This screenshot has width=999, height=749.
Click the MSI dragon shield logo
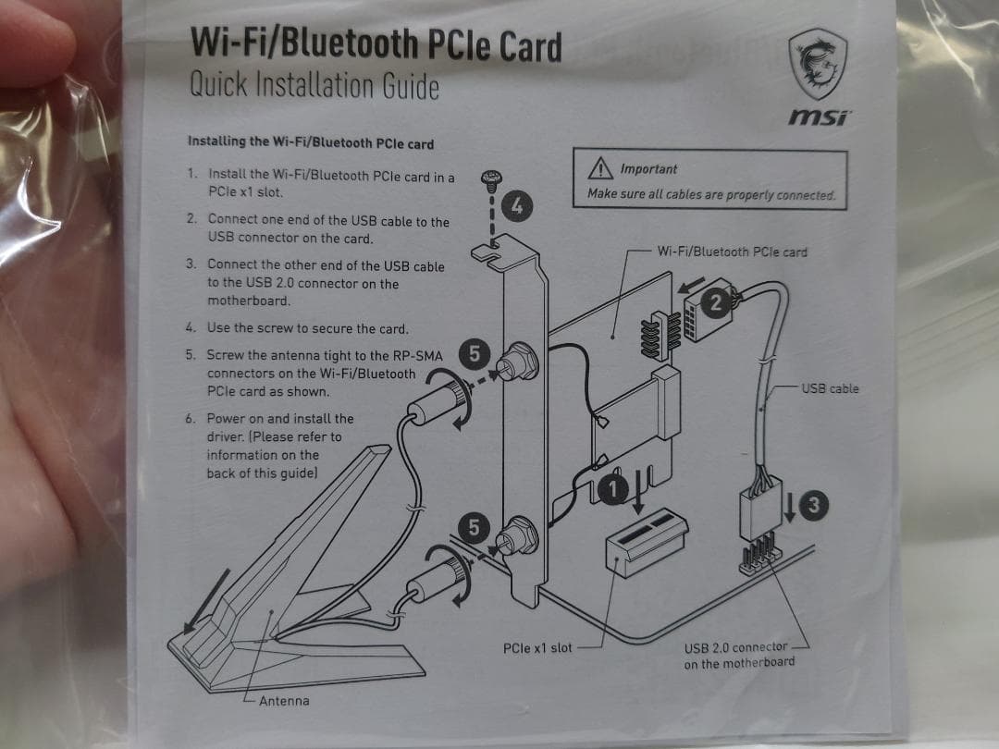click(817, 64)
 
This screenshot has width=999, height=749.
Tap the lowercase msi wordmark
click(819, 118)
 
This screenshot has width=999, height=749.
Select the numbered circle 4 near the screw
click(516, 207)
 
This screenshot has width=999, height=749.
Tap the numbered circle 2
click(714, 303)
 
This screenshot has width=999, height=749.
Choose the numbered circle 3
click(813, 505)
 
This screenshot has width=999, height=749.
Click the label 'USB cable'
click(830, 388)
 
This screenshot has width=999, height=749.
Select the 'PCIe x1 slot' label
click(537, 648)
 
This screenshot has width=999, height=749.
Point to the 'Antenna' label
click(284, 701)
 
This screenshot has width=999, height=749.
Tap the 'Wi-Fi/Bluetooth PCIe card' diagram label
click(732, 252)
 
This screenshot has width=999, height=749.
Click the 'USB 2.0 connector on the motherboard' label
click(737, 655)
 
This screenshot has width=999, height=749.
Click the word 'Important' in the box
click(648, 169)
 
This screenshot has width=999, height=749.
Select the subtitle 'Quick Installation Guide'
click(314, 86)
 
